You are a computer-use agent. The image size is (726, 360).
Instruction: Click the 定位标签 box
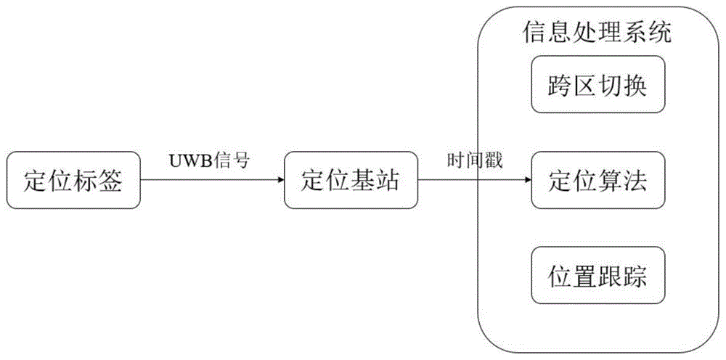coord(73,181)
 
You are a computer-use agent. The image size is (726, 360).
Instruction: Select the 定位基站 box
coord(351,181)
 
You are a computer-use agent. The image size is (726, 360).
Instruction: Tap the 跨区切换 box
coord(597,86)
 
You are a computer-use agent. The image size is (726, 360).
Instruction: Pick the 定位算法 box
coord(597,181)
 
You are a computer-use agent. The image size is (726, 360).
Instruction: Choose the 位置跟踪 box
coord(597,276)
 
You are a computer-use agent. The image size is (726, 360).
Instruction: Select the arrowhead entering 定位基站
coord(280,181)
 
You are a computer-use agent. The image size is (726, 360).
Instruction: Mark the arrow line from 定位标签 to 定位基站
coord(211,181)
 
